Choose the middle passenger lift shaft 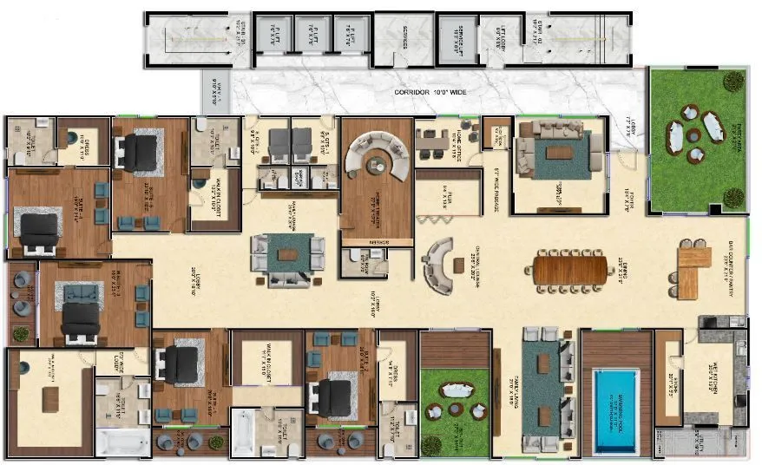309,37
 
